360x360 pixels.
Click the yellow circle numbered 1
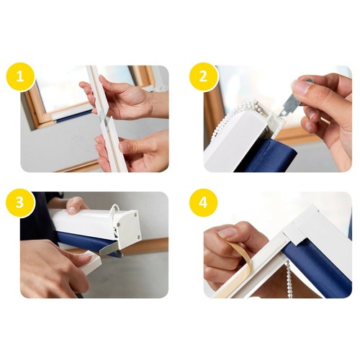[x=20, y=76]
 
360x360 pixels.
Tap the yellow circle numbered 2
[x=204, y=76]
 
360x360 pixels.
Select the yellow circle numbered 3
[x=20, y=203]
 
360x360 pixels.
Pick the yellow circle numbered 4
[x=204, y=203]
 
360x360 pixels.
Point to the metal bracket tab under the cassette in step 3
[x=109, y=249]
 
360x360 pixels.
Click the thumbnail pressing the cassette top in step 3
[x=72, y=210]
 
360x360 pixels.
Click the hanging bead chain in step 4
[x=289, y=279]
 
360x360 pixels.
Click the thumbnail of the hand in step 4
[x=227, y=233]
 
